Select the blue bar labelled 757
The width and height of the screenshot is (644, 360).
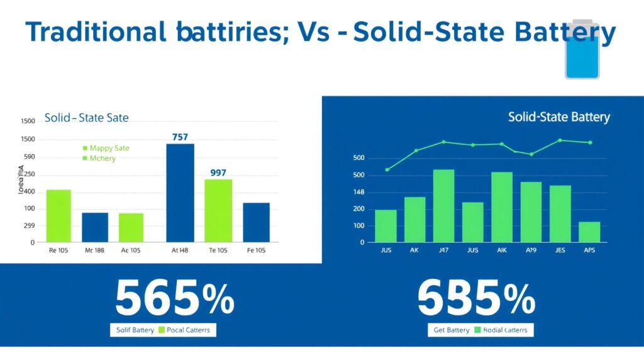180,193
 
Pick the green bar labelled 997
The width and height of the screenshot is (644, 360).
218,210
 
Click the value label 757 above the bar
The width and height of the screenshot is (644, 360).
180,137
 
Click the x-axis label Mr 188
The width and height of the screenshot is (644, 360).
95,250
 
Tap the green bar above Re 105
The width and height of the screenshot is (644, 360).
58,215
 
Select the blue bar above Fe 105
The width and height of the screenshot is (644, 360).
256,222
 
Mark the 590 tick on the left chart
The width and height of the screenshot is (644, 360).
28,157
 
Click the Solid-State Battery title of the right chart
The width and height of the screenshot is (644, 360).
558,118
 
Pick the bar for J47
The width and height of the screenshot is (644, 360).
443,206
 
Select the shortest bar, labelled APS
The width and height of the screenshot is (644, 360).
589,232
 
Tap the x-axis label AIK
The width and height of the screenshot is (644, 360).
501,250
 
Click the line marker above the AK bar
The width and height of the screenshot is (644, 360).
416,151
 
